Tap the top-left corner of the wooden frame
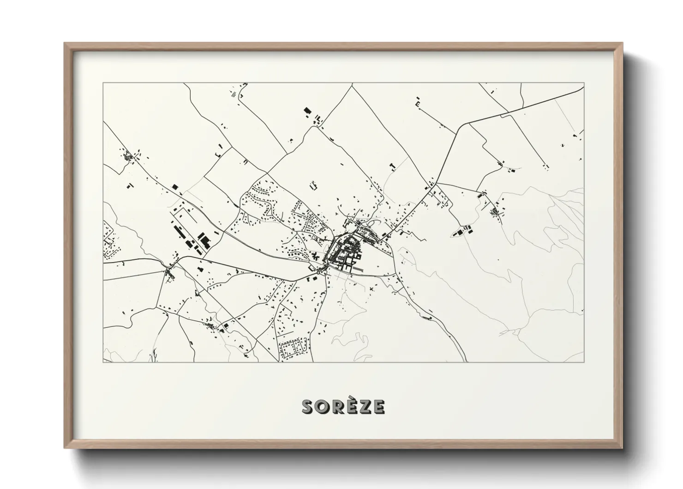[x=65, y=43]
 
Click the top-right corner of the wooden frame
[x=622, y=43]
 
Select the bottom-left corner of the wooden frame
[x=65, y=448]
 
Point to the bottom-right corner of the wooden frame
[x=622, y=448]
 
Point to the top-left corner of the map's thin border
[x=103, y=83]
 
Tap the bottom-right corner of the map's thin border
[x=584, y=362]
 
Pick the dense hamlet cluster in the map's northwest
[x=128, y=156]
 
